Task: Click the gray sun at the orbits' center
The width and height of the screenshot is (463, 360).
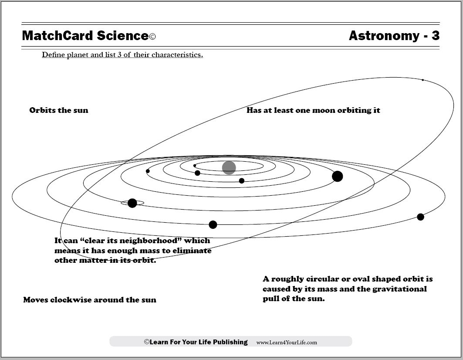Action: pyautogui.click(x=229, y=168)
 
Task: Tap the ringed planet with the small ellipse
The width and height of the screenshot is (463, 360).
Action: pyautogui.click(x=132, y=203)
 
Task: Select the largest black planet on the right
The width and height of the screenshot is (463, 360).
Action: pyautogui.click(x=337, y=177)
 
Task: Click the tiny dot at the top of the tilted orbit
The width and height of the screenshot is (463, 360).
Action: pyautogui.click(x=422, y=80)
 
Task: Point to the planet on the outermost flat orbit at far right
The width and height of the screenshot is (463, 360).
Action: pyautogui.click(x=420, y=217)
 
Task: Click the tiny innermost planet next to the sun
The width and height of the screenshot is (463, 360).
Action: pyautogui.click(x=195, y=166)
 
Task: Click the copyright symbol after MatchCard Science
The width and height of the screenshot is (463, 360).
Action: pyautogui.click(x=152, y=37)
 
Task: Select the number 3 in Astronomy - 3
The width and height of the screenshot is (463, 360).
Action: pyautogui.click(x=435, y=36)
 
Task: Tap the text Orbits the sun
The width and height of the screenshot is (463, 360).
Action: pyautogui.click(x=59, y=110)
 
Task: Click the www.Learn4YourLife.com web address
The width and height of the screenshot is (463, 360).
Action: pyautogui.click(x=287, y=343)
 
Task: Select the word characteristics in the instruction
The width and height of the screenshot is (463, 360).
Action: pyautogui.click(x=177, y=55)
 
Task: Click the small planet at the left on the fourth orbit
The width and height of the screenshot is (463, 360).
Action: pyautogui.click(x=148, y=171)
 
